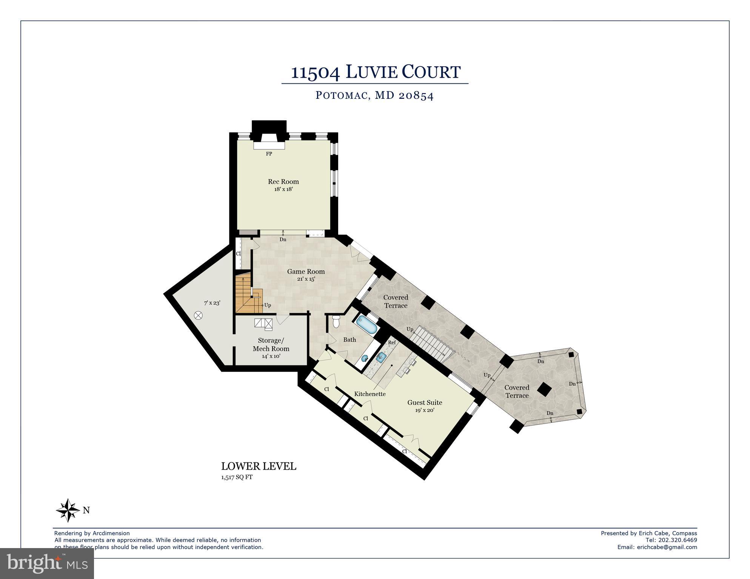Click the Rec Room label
pyautogui.click(x=283, y=182)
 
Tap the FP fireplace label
pyautogui.click(x=269, y=154)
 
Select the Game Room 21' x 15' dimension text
pyautogui.click(x=306, y=279)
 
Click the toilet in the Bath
pyautogui.click(x=336, y=322)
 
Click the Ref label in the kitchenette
pyautogui.click(x=392, y=342)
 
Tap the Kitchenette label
pyautogui.click(x=370, y=394)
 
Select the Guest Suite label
pyautogui.click(x=424, y=402)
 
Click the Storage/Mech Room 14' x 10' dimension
pyautogui.click(x=271, y=356)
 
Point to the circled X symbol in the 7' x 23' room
pyautogui.click(x=198, y=315)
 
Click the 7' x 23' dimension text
pyautogui.click(x=212, y=303)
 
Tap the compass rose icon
pyautogui.click(x=68, y=510)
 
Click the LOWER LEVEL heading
pyautogui.click(x=259, y=467)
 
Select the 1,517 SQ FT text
pyautogui.click(x=237, y=477)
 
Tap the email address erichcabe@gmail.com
pyautogui.click(x=667, y=547)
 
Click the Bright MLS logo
pyautogui.click(x=47, y=564)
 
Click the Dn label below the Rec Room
pyautogui.click(x=283, y=240)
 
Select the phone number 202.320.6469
pyautogui.click(x=678, y=540)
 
